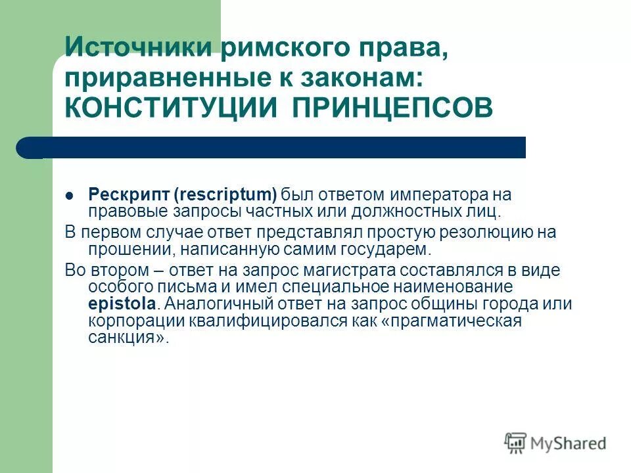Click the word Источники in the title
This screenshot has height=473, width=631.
pyautogui.click(x=129, y=47)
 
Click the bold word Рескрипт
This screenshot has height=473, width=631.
pyautogui.click(x=129, y=194)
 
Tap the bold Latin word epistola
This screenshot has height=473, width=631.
pyautogui.click(x=123, y=304)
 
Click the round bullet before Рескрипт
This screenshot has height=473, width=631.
pyautogui.click(x=70, y=195)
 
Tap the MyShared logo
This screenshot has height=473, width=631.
pyautogui.click(x=556, y=443)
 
